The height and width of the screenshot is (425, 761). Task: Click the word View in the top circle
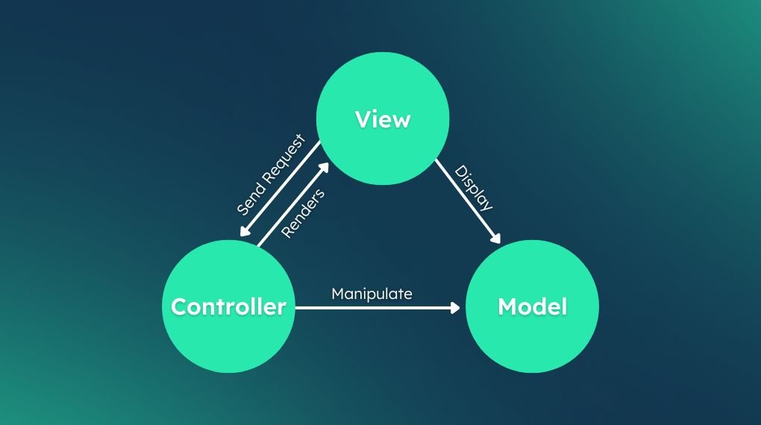(383, 119)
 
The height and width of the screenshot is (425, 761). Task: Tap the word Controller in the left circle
(228, 306)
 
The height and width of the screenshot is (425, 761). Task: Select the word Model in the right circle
(532, 306)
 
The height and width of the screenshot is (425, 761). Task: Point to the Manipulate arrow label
(372, 294)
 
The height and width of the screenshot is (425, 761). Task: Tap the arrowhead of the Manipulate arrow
(456, 306)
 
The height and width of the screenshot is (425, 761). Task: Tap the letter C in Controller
(179, 306)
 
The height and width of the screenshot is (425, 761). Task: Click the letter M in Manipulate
(337, 294)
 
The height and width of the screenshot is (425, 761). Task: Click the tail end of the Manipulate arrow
(298, 306)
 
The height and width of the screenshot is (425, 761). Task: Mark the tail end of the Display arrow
(437, 161)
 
